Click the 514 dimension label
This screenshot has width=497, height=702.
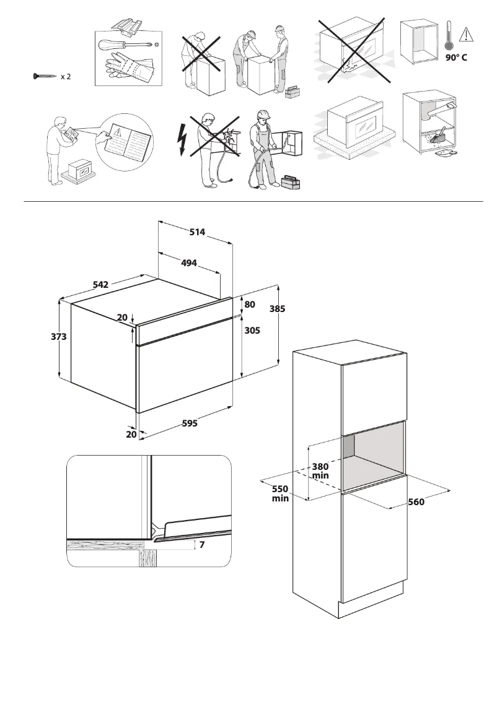click(x=197, y=232)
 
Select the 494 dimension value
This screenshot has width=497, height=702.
click(x=188, y=263)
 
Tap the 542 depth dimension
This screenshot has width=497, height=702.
click(x=100, y=285)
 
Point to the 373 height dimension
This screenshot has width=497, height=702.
click(x=59, y=337)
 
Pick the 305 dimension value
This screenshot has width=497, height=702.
click(x=252, y=331)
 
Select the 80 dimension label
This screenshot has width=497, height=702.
click(x=250, y=305)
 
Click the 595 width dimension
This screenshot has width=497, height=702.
click(x=190, y=423)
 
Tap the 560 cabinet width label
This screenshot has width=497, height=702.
click(x=416, y=502)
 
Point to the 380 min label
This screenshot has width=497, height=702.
click(x=320, y=471)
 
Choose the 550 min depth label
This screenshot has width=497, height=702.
click(x=280, y=493)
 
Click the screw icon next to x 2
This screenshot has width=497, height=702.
click(x=45, y=77)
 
